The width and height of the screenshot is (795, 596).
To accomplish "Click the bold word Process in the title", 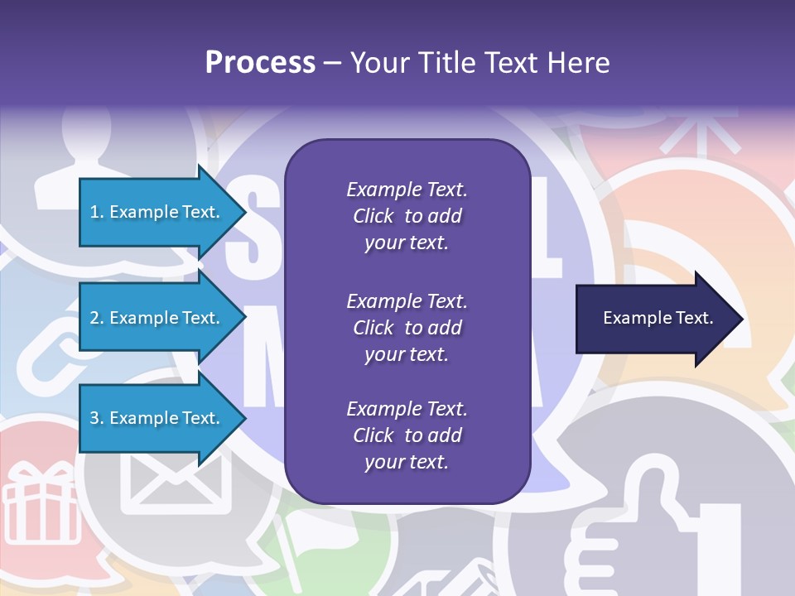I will click(260, 63).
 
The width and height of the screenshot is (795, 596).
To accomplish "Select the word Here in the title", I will click(580, 63).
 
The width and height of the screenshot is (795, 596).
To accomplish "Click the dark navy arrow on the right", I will click(646, 318).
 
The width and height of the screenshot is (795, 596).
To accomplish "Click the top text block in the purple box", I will click(407, 216).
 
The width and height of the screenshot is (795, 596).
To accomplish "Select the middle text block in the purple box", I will click(407, 327).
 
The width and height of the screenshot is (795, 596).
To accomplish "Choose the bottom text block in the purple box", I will click(407, 435).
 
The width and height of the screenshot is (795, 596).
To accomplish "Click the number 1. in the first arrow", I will click(97, 212).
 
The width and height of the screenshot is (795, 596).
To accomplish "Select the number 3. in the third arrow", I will click(97, 418).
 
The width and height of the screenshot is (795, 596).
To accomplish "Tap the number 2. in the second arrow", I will click(97, 318).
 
